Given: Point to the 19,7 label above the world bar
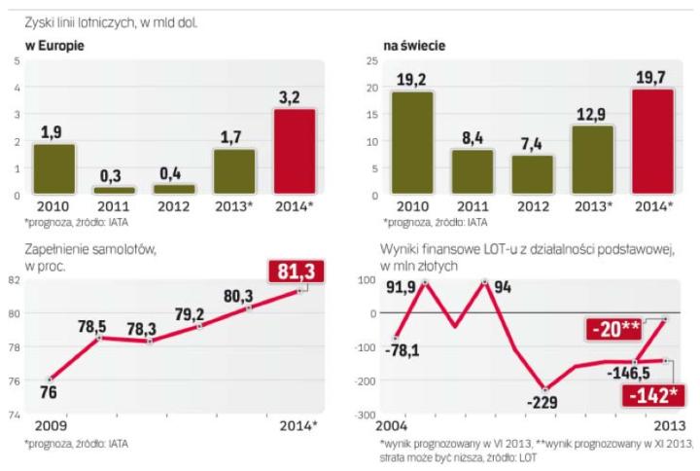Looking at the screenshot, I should (x=646, y=75).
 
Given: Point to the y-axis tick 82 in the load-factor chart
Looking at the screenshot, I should (x=15, y=279).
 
